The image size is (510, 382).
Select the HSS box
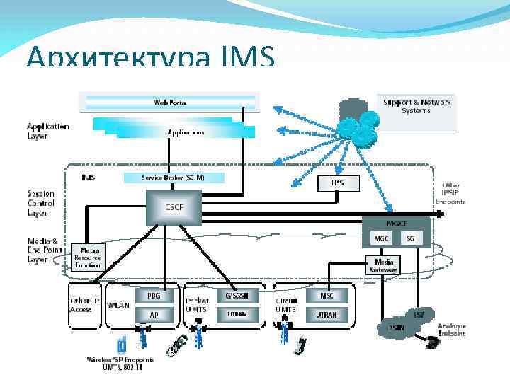337,183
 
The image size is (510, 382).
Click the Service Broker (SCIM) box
174,178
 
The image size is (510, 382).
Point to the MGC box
380,238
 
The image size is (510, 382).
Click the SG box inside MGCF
410,238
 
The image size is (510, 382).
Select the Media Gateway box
382,265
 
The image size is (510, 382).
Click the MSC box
326,294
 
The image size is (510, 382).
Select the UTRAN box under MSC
326,313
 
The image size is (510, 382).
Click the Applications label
186,132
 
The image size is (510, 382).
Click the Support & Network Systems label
416,106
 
